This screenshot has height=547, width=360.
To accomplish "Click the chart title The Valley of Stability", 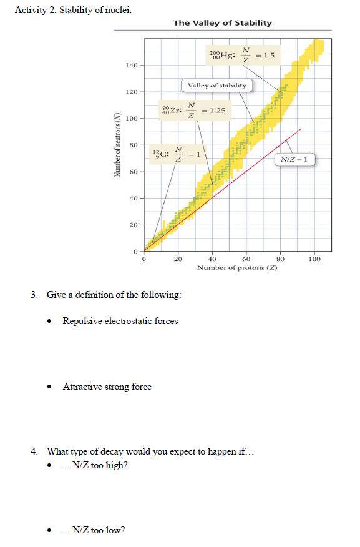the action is point(222,23).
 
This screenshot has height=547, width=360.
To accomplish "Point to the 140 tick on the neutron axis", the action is point(131,66).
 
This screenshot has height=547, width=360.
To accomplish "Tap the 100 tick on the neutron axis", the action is point(131,119).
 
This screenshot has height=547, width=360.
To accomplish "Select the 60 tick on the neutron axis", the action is point(133,172).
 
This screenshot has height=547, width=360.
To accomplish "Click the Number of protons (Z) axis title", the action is point(237,267).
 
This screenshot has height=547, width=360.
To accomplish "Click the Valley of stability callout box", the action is point(216,86).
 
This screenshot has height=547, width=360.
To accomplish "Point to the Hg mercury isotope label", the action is point(222,55).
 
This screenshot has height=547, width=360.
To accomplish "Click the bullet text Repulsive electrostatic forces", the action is point(120,321).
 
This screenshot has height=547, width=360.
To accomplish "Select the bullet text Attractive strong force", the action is point(107,387).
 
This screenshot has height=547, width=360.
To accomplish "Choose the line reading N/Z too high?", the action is point(96,466).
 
